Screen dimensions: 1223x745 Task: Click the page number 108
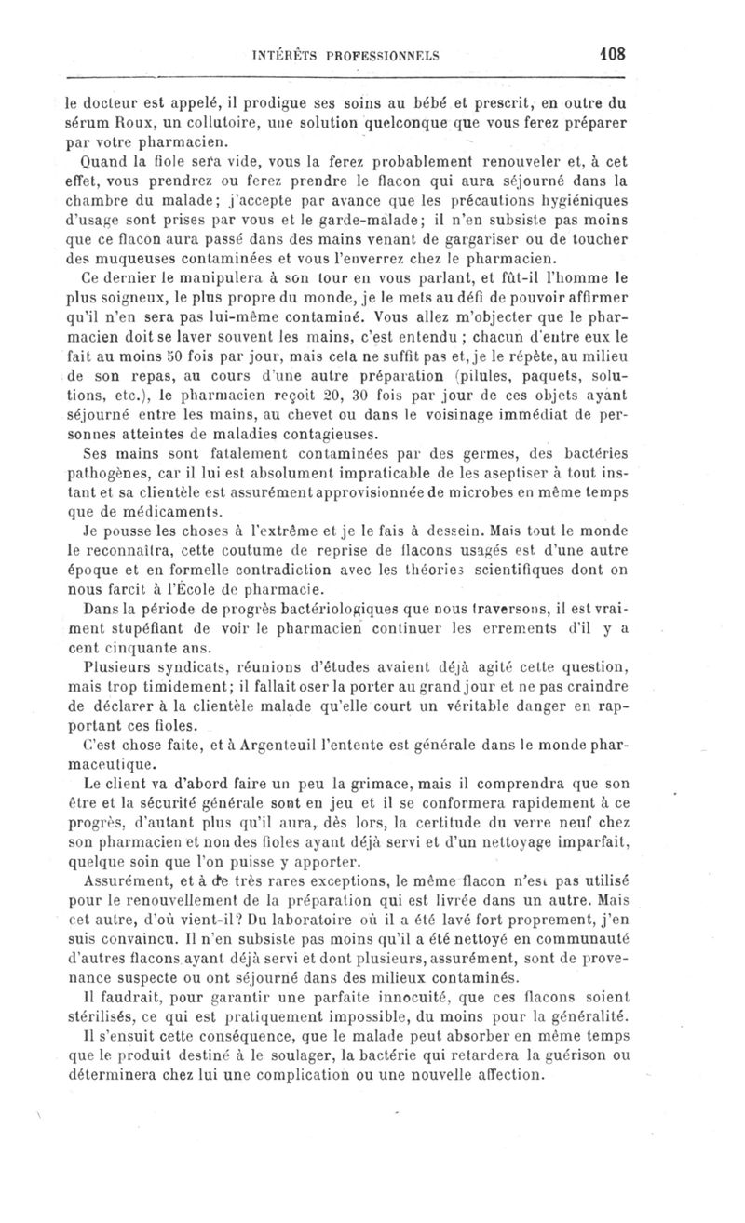[612, 54]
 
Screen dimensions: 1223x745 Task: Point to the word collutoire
[192, 122]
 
